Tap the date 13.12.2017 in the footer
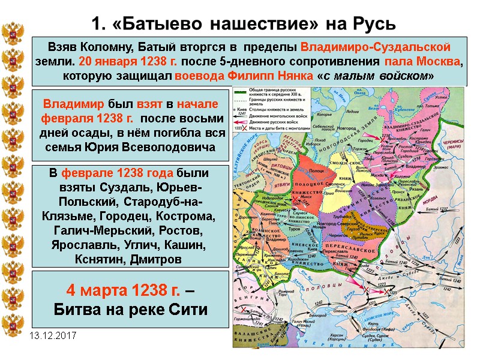coord(51,335)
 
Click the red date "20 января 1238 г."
coord(116,62)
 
